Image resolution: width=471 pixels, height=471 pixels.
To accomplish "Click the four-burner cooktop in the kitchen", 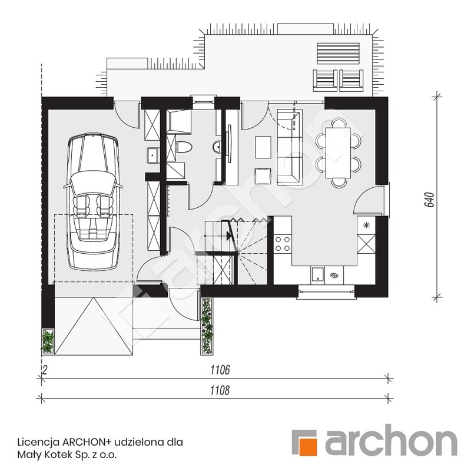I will (x=283, y=243).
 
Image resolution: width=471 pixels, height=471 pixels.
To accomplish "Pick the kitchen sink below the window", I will (x=317, y=273).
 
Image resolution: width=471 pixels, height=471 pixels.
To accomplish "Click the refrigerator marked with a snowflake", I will (x=366, y=224).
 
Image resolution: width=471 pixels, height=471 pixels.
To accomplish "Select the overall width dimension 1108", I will (x=217, y=390).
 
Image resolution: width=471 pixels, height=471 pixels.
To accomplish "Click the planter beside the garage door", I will (x=48, y=341).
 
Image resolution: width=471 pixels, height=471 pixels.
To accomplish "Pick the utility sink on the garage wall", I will (x=152, y=155).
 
